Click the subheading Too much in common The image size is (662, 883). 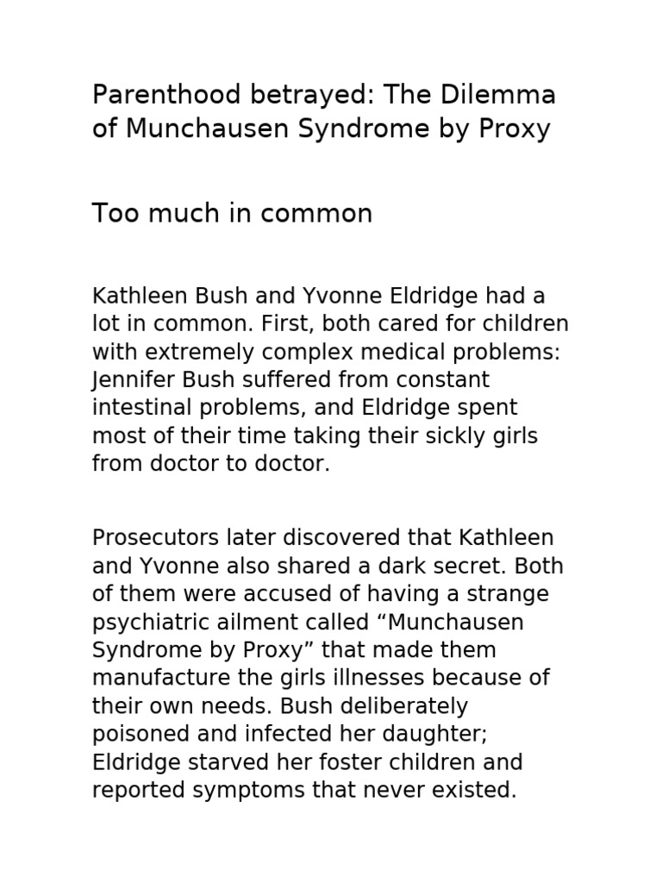click(232, 213)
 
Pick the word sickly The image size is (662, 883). click(450, 435)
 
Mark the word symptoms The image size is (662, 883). click(248, 791)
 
